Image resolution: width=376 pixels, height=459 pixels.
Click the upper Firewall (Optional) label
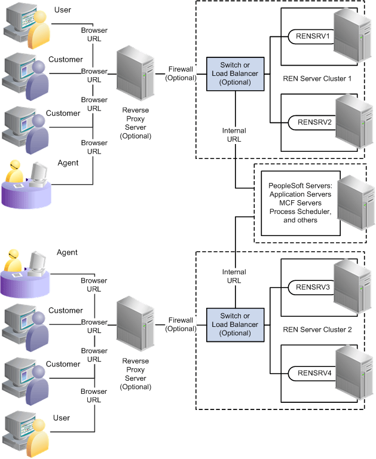pyautogui.click(x=181, y=74)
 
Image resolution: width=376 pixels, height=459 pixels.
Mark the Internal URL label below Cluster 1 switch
pyautogui.click(x=234, y=134)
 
